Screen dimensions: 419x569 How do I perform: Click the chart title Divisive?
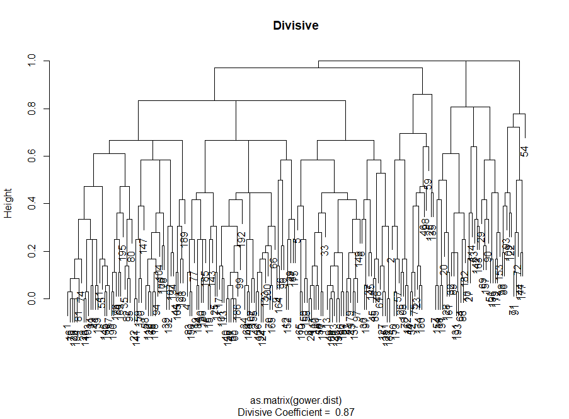(296, 26)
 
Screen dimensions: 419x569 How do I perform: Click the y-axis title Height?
(8, 203)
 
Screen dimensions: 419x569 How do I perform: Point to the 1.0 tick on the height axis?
(30, 61)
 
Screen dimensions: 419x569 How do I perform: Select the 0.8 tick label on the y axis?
(30, 109)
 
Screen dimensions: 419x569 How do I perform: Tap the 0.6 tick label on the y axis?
(30, 156)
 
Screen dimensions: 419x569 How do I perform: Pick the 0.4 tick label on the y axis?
(30, 203)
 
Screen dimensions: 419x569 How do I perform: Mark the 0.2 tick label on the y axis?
(30, 251)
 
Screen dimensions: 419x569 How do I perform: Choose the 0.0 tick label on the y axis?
(30, 298)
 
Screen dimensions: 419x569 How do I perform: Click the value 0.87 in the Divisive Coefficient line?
(345, 412)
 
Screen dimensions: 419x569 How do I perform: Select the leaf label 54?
(524, 152)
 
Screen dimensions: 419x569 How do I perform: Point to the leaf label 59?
(428, 185)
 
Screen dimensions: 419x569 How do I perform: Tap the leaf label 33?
(325, 251)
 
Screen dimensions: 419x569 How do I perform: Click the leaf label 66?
(273, 263)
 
